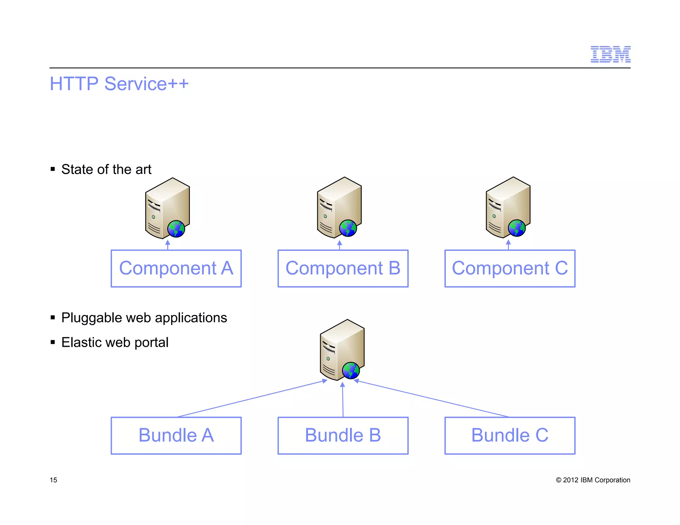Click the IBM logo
click(x=610, y=54)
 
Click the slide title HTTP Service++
click(x=119, y=84)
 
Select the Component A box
click(x=176, y=268)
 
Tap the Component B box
click(x=343, y=268)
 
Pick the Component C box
click(x=510, y=268)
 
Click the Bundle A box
click(x=176, y=435)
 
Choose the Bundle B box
click(x=343, y=435)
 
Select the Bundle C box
click(x=510, y=435)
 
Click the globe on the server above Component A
click(x=176, y=229)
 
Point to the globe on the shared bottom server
click(x=351, y=370)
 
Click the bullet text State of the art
click(x=106, y=169)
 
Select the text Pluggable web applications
click(x=144, y=318)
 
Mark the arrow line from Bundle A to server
click(x=252, y=399)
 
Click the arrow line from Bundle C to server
click(x=432, y=399)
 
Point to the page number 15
click(x=53, y=480)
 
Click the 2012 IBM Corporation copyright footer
click(x=593, y=480)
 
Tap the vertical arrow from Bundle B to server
click(x=343, y=400)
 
